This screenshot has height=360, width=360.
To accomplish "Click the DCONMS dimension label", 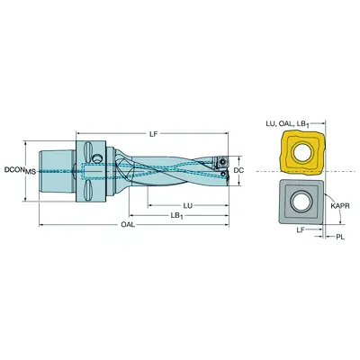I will pyautogui.click(x=20, y=169).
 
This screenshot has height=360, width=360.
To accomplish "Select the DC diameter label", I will pyautogui.click(x=238, y=168).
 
